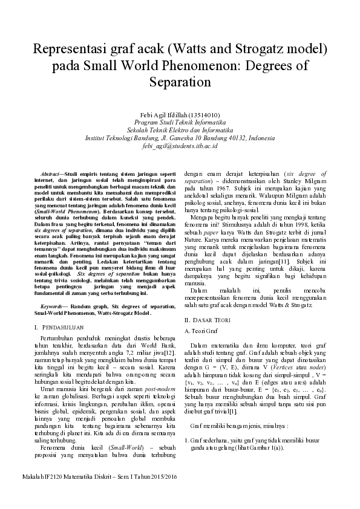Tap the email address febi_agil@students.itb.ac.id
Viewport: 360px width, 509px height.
[x=180, y=146]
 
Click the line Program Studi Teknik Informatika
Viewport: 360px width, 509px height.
[x=180, y=122]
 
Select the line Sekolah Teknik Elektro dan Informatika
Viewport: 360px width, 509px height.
[x=180, y=130]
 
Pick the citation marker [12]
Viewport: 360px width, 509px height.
[x=171, y=351]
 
